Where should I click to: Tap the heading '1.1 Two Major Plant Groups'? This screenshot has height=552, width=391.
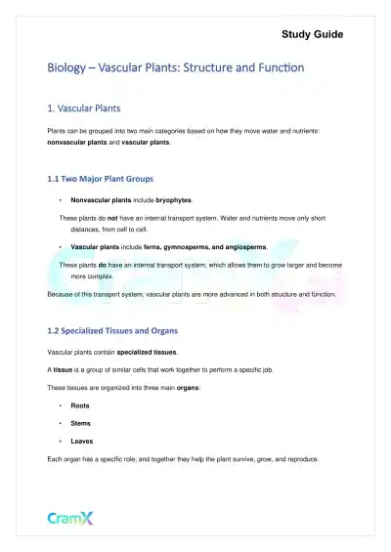point(108,179)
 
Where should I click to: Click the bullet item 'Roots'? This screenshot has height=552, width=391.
point(80,404)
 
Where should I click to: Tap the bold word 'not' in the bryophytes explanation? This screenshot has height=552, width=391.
point(114,217)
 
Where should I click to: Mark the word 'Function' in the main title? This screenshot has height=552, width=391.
point(273,68)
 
